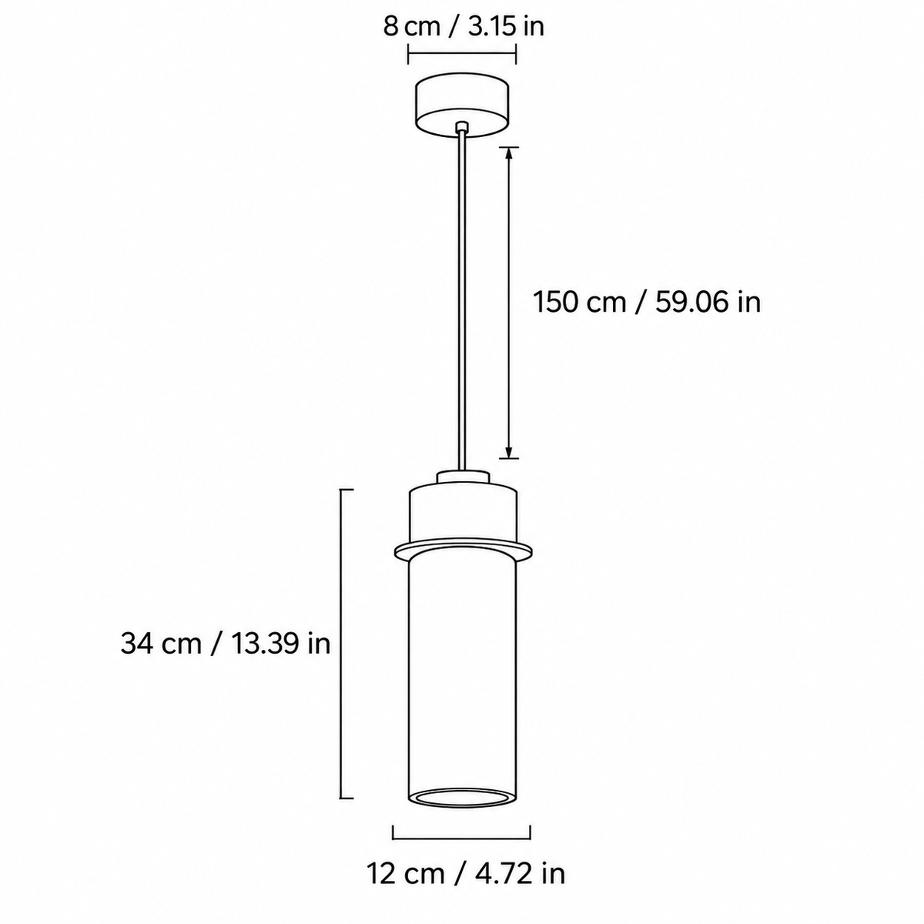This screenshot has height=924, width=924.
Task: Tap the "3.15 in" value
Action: tap(506, 27)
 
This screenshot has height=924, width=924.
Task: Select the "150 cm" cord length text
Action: tap(579, 303)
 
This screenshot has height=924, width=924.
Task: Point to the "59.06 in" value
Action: tap(708, 303)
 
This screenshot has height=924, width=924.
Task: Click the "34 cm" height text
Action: tap(161, 644)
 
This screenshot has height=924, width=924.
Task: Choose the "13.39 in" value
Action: tap(281, 644)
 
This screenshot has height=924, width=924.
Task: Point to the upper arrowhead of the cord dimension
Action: tap(509, 155)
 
